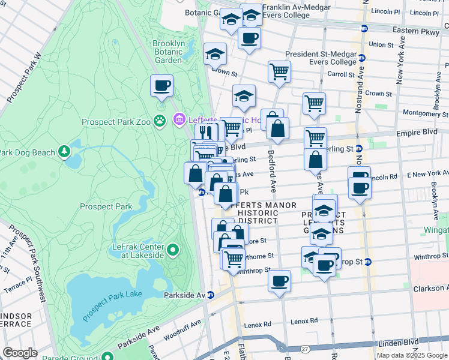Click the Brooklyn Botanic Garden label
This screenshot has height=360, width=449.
click(x=167, y=52)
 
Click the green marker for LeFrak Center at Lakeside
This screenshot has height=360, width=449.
click(x=173, y=249)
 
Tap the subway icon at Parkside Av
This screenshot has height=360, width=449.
click(x=211, y=295)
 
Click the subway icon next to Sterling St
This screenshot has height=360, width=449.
click(x=359, y=149)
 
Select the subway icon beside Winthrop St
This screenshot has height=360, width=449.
click(x=368, y=262)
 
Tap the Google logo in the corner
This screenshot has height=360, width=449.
click(x=20, y=352)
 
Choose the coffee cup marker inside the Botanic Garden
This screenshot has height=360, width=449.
click(x=161, y=85)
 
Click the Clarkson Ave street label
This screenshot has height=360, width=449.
click(x=430, y=289)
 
